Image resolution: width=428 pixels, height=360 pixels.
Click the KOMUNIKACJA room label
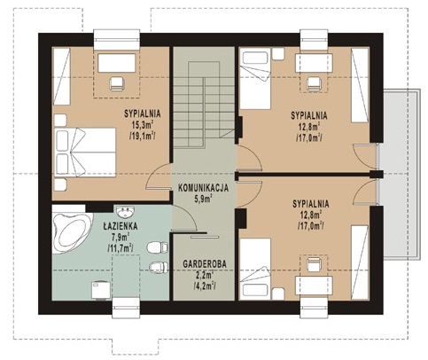[x=203, y=188]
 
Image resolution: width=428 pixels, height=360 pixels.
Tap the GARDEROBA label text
[x=205, y=263]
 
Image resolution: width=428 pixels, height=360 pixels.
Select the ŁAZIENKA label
[x=121, y=226]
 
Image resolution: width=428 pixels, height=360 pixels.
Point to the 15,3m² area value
[x=142, y=124]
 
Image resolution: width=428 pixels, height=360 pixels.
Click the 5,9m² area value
[x=203, y=199]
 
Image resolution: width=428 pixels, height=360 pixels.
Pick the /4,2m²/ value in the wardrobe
[x=205, y=286]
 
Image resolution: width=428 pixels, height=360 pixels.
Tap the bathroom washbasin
[x=125, y=212]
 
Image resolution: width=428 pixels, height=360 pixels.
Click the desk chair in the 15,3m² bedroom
[x=117, y=83]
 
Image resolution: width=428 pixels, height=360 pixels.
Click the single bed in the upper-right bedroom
[x=255, y=80]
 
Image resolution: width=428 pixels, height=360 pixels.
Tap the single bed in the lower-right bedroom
[x=255, y=269]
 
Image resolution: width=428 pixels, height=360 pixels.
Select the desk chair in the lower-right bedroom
[x=314, y=264]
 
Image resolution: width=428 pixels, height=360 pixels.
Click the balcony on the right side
[x=401, y=174]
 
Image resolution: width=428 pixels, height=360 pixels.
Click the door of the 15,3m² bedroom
[x=159, y=177]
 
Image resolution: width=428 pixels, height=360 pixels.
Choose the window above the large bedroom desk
[x=117, y=40]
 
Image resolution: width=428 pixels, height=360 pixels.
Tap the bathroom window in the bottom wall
[x=126, y=308]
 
